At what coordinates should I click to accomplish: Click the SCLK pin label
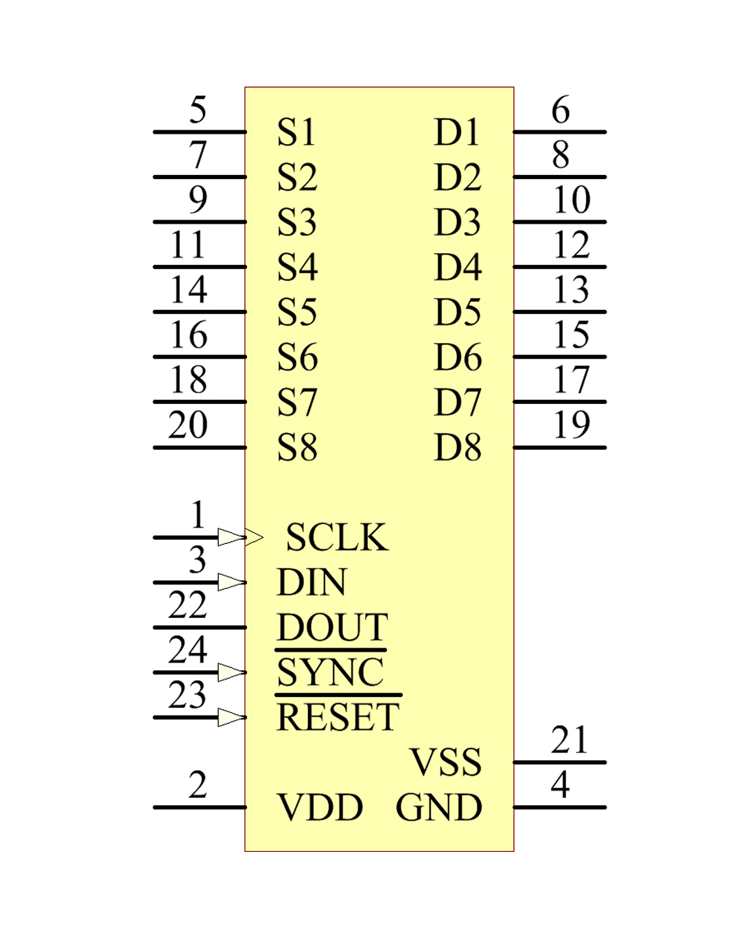(x=336, y=537)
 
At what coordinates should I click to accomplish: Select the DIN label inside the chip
(x=311, y=582)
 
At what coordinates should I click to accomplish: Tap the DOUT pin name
(x=332, y=627)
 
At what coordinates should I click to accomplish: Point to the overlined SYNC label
(x=330, y=672)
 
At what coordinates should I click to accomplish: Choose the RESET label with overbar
(x=338, y=717)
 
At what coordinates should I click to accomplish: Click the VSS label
(x=445, y=762)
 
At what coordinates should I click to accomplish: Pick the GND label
(x=439, y=807)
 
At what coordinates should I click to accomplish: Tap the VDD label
(x=320, y=807)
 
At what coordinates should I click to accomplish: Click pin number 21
(x=569, y=740)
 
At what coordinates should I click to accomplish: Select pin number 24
(x=187, y=650)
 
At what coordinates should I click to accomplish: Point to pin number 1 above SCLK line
(x=198, y=514)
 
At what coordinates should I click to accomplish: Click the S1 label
(x=296, y=132)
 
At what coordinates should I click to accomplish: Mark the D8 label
(x=458, y=447)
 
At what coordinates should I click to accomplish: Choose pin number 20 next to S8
(x=187, y=425)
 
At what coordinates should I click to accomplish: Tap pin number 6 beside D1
(x=561, y=110)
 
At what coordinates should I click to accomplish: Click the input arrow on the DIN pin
(x=232, y=582)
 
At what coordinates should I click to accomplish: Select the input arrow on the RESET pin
(x=232, y=717)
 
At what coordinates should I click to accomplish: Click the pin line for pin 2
(x=199, y=807)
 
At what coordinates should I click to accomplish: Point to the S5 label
(x=296, y=312)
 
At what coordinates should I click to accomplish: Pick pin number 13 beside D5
(x=571, y=289)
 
